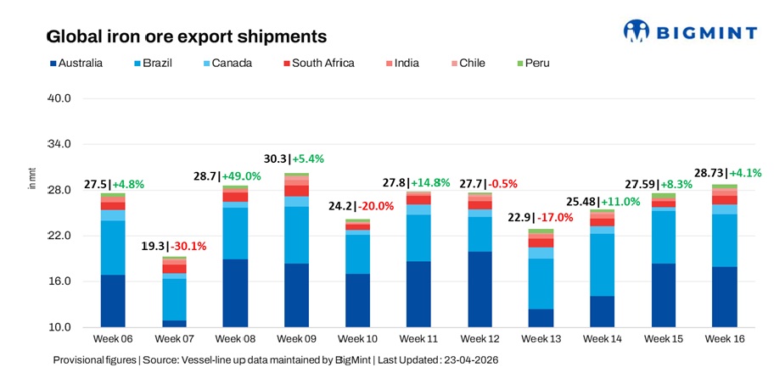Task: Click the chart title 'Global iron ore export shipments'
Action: pos(186,37)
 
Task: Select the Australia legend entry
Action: pos(77,63)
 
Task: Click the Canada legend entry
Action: pos(226,63)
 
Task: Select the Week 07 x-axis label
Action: pos(174,340)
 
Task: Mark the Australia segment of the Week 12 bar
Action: pos(480,288)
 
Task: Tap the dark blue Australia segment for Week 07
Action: pos(174,323)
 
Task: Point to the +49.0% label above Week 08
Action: pos(242,175)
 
